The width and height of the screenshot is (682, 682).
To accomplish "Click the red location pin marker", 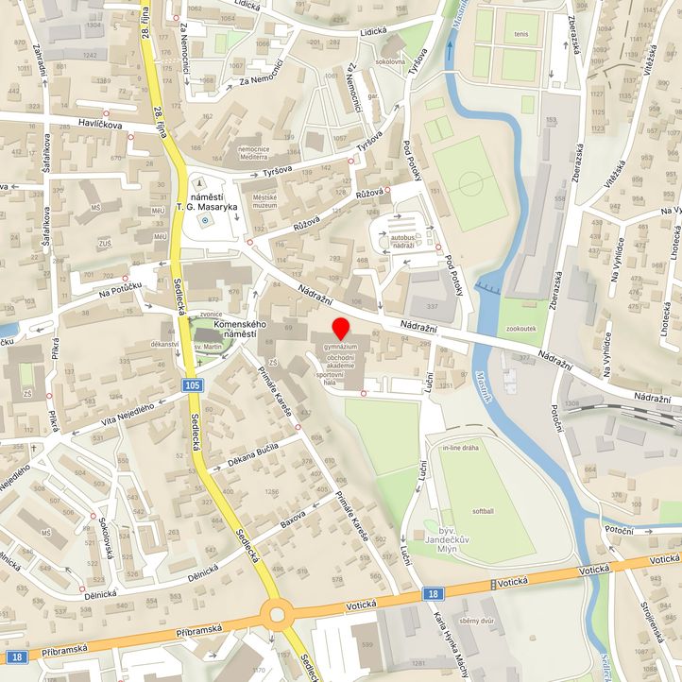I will pyautogui.click(x=341, y=329).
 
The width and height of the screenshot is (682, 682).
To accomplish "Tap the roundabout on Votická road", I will pyautogui.click(x=277, y=615).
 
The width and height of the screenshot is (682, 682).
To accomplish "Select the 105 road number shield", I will pyautogui.click(x=193, y=385).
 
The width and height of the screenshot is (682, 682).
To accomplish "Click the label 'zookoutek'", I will pyautogui.click(x=521, y=330).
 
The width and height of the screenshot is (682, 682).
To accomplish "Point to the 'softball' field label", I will pyautogui.click(x=482, y=510).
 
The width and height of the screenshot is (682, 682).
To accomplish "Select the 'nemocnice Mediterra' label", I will pyautogui.click(x=260, y=154).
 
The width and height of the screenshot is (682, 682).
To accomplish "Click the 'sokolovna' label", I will pyautogui.click(x=389, y=61).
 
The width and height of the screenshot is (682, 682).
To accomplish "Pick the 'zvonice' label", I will pyautogui.click(x=211, y=314).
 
